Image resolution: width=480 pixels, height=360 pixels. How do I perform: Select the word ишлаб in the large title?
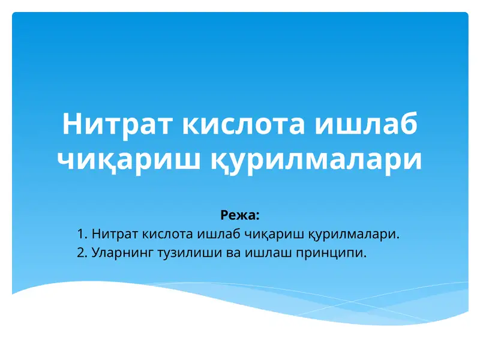[367, 124]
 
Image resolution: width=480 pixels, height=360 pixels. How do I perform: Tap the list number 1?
[82, 233]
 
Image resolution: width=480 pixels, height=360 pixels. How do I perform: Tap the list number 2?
[82, 253]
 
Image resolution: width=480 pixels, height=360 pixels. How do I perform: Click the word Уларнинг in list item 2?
[119, 253]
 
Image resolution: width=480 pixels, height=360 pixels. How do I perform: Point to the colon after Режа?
[257, 215]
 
